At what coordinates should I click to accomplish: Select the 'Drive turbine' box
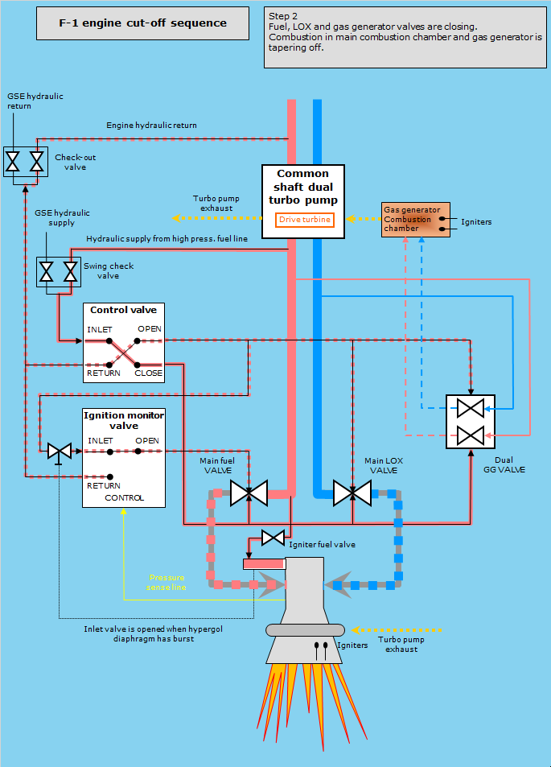pos(304,220)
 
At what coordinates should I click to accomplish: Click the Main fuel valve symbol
pos(249,493)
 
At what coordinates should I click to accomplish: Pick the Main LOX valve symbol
pos(352,493)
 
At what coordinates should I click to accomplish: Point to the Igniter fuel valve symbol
pos(273,537)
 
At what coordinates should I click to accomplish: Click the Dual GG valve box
pos(471,422)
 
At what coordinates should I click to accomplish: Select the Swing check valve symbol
pos(59,271)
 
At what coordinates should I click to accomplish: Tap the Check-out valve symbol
pos(24,161)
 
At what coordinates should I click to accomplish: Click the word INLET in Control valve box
pos(100,329)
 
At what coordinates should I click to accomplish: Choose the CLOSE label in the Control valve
pos(149,373)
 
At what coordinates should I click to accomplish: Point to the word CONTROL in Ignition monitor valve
pos(125,497)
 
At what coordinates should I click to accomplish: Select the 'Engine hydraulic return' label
pos(151,126)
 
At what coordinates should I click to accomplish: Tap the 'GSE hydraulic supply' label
pos(63,217)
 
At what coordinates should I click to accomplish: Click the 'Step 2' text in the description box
pos(284,16)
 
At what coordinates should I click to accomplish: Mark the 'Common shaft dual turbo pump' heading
pos(303,186)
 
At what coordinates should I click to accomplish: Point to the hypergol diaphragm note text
pos(138,634)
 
